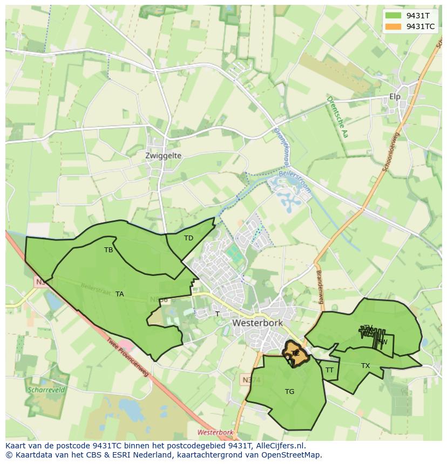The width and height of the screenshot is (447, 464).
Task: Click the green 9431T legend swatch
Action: click(x=394, y=16)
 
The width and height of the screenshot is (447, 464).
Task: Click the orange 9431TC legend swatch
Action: click(x=394, y=26)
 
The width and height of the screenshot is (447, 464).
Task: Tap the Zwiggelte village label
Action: click(x=163, y=156)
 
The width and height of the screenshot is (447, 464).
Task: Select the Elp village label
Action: click(x=395, y=97)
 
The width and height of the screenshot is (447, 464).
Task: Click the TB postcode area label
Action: click(x=109, y=250)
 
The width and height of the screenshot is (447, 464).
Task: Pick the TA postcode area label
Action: click(x=120, y=294)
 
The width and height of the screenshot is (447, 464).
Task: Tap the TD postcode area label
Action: click(x=188, y=238)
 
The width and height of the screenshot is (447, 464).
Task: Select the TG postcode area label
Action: click(x=290, y=392)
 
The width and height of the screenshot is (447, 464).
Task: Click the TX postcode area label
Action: click(x=365, y=366)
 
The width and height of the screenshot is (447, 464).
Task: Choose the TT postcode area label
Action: click(x=329, y=370)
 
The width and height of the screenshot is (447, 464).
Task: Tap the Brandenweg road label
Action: click(x=319, y=286)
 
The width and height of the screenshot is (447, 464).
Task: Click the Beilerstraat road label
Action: click(x=96, y=289)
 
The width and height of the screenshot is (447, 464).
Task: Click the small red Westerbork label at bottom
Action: click(x=215, y=432)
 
